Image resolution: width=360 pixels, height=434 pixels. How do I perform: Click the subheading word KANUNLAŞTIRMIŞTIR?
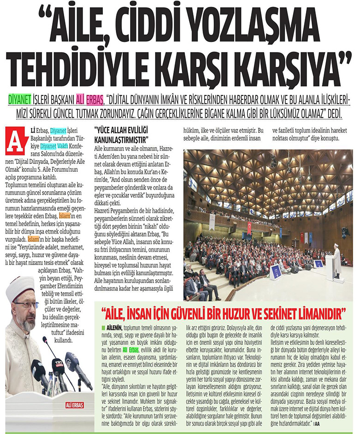coord(120,139)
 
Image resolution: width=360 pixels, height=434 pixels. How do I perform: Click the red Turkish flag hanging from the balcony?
coord(250,227)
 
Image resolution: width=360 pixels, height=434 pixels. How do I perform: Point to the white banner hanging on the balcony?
coord(212,222)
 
